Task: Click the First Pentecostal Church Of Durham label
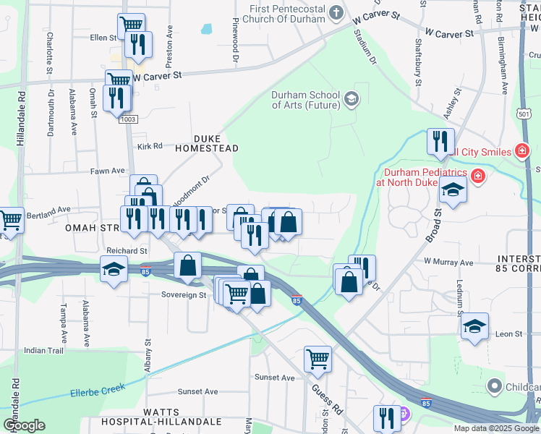point(287,14)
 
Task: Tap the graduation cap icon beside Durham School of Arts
point(352,98)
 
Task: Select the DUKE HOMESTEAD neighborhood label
point(206,142)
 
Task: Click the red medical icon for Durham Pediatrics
point(477,176)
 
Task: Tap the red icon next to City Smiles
point(521,150)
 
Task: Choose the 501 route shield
point(525,114)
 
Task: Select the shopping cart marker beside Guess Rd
point(318,359)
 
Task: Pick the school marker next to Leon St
point(474,325)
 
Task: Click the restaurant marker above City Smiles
point(440,141)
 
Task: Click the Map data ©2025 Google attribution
point(495,428)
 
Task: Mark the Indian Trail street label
point(44,350)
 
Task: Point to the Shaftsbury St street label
point(418,63)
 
